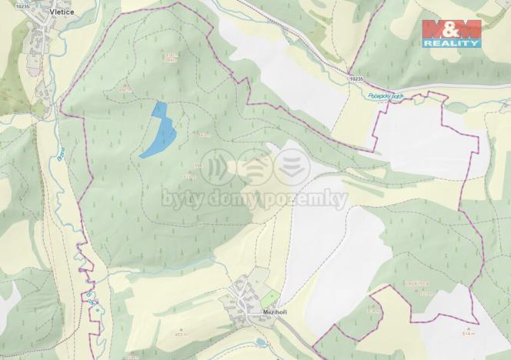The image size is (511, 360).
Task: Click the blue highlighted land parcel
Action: (x=159, y=131)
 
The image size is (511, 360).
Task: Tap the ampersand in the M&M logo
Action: (x=451, y=30)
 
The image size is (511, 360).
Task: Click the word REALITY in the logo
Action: (x=451, y=43)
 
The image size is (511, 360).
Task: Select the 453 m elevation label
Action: (x=180, y=335)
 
